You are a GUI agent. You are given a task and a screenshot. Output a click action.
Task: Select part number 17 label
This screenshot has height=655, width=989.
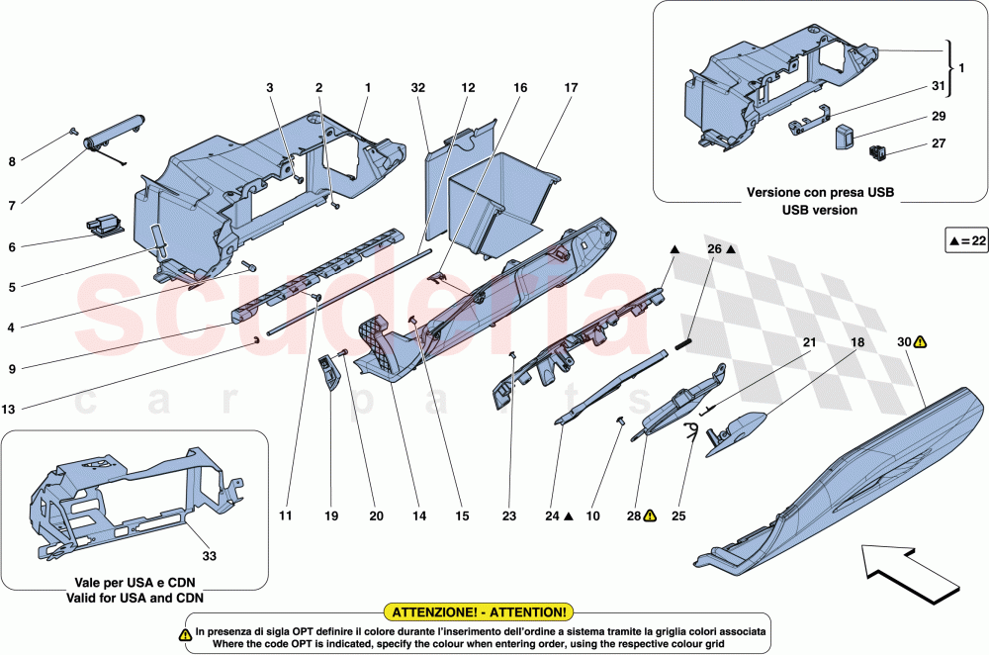[x=571, y=88]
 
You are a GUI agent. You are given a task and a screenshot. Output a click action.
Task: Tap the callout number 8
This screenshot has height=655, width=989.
[x=12, y=161]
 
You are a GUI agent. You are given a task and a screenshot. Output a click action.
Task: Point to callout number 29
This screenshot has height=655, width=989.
[x=939, y=117]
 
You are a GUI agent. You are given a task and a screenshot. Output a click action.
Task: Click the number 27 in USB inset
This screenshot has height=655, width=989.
[x=939, y=143]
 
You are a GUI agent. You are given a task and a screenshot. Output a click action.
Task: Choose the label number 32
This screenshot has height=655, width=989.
[x=418, y=88]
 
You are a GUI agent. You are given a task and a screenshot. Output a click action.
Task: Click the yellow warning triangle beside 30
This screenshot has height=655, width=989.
[x=921, y=341]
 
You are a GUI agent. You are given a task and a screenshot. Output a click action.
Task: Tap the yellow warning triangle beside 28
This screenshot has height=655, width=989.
[x=650, y=515]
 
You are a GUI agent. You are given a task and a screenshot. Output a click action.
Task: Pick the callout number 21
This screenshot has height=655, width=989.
[x=809, y=341]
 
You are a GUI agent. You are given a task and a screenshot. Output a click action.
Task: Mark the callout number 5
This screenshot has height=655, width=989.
[x=12, y=287]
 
